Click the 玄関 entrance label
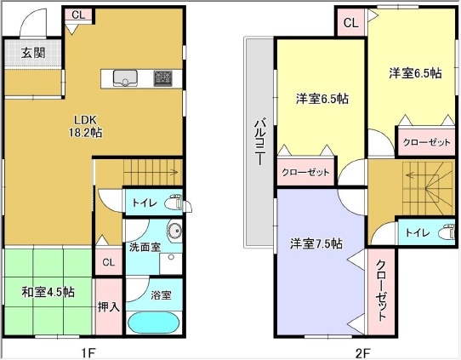click(x=33, y=54)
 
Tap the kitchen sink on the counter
click(x=126, y=78)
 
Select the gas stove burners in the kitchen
click(x=162, y=78)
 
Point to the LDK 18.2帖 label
click(x=86, y=126)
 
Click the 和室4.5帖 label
click(x=48, y=292)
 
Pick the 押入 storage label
click(x=109, y=306)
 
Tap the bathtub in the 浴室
click(x=153, y=323)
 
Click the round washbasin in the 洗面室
click(x=174, y=231)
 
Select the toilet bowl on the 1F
click(x=174, y=202)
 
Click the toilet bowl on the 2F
click(x=447, y=232)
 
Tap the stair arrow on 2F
click(x=422, y=175)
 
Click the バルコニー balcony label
click(x=259, y=141)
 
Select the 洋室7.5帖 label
click(x=316, y=243)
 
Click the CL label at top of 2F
click(x=350, y=23)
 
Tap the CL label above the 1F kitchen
click(x=78, y=14)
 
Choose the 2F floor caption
click(x=363, y=352)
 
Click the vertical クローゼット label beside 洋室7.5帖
click(x=381, y=290)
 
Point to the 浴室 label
click(x=161, y=295)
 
